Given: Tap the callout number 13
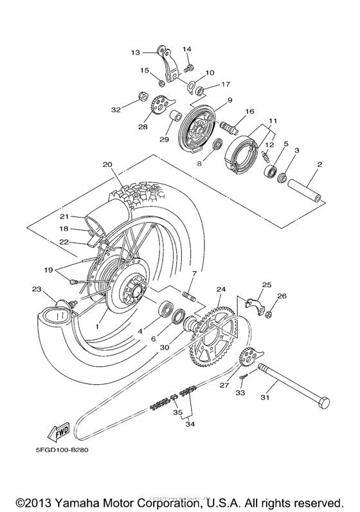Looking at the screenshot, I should pyautogui.click(x=136, y=52).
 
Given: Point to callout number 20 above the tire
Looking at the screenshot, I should pyautogui.click(x=107, y=164).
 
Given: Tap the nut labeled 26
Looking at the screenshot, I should pyautogui.click(x=271, y=314).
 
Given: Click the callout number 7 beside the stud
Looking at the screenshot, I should pyautogui.click(x=194, y=274).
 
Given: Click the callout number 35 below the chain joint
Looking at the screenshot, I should pyautogui.click(x=178, y=412).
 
